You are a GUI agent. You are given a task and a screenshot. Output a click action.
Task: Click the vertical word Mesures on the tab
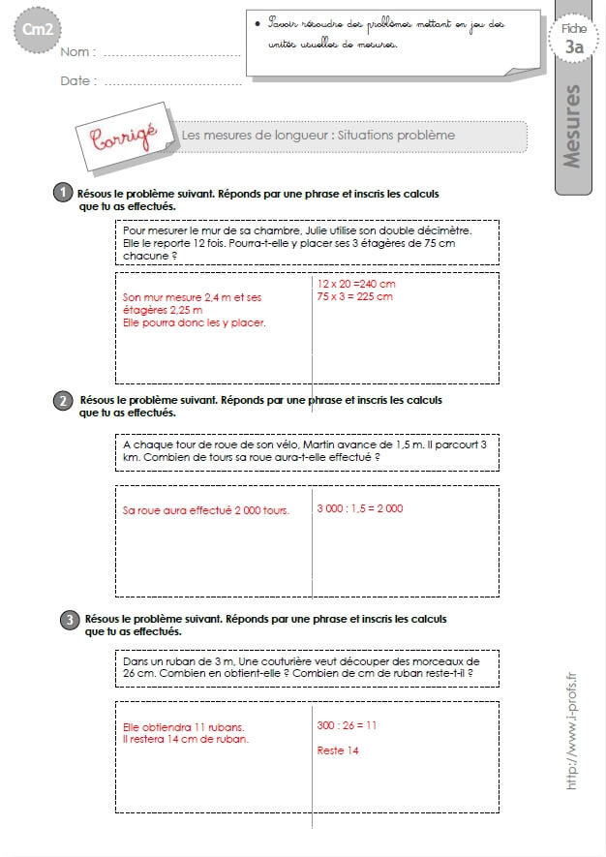pyautogui.click(x=572, y=127)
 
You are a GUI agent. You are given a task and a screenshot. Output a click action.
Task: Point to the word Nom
pyautogui.click(x=76, y=51)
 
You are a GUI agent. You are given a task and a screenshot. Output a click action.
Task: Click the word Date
pyautogui.click(x=77, y=81)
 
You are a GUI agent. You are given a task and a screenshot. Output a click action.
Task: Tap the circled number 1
pyautogui.click(x=62, y=194)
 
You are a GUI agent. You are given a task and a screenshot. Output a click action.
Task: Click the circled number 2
pyautogui.click(x=62, y=400)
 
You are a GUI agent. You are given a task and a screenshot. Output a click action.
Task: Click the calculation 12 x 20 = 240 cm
pyautogui.click(x=356, y=284)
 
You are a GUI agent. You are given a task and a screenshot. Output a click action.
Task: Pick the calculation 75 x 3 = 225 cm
pyautogui.click(x=354, y=296)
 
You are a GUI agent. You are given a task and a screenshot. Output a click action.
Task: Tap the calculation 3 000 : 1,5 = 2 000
pyautogui.click(x=360, y=508)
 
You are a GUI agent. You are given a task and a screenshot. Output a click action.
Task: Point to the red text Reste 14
pyautogui.click(x=338, y=750)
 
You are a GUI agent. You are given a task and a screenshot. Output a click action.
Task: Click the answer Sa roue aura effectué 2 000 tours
pyautogui.click(x=206, y=510)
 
